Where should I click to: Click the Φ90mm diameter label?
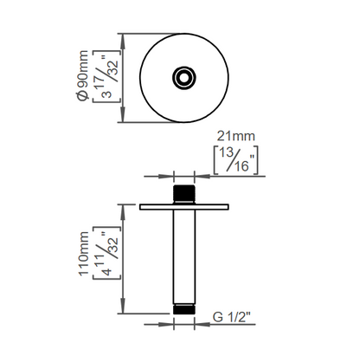point(83,75)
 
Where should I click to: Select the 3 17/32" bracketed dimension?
point(106,76)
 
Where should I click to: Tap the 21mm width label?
point(236,136)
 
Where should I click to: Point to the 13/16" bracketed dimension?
point(235,160)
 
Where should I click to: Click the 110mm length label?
point(84,254)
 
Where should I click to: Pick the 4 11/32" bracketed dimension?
point(106,253)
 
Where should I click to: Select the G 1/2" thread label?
point(231,317)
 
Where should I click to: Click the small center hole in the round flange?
point(184,78)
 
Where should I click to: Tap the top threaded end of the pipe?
point(184,194)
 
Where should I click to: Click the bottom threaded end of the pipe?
point(184,309)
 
